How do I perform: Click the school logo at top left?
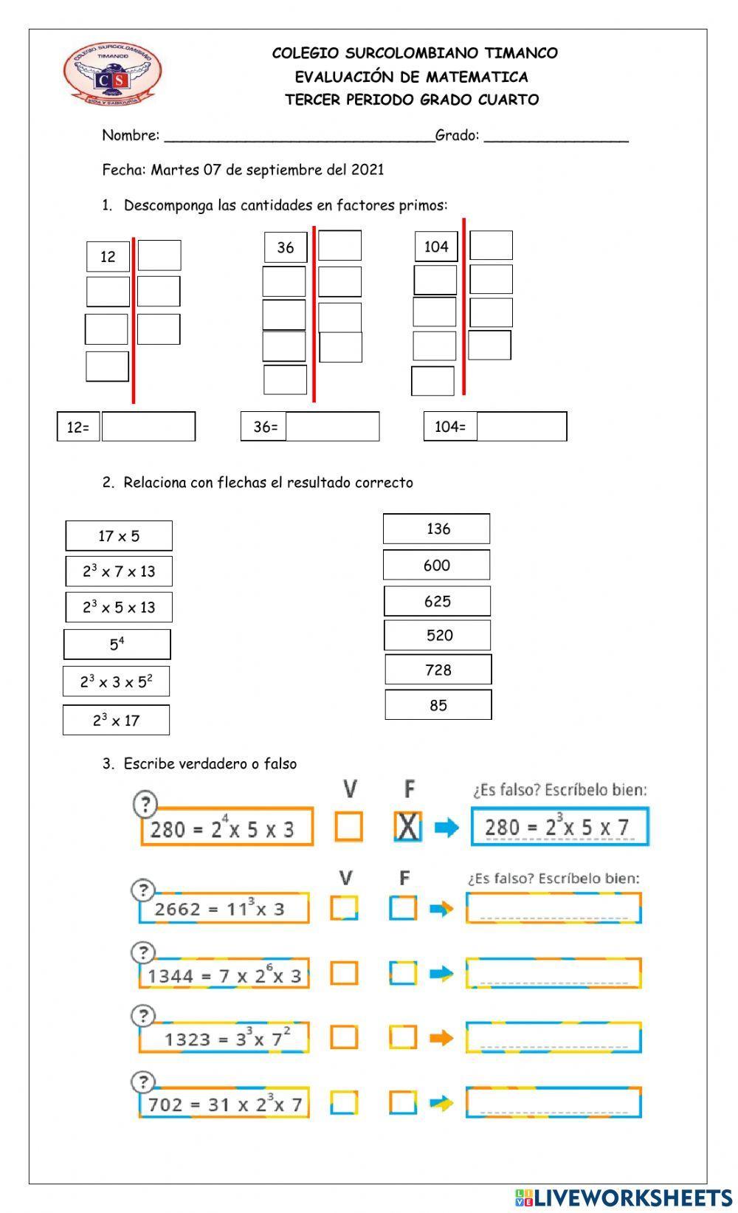click(x=112, y=72)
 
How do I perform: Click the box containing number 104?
click(x=436, y=247)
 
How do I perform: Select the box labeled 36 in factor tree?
click(x=286, y=247)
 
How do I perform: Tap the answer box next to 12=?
click(x=148, y=427)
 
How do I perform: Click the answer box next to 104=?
click(x=522, y=427)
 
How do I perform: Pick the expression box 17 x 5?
click(x=119, y=536)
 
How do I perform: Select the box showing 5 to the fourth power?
click(x=117, y=644)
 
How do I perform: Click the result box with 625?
click(x=437, y=601)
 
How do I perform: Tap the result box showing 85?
click(x=438, y=705)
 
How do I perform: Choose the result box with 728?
click(x=438, y=670)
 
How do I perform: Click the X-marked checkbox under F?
click(x=407, y=827)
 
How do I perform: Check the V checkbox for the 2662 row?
click(x=344, y=908)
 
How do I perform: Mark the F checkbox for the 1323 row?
click(x=403, y=1037)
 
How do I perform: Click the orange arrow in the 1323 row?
click(x=441, y=1037)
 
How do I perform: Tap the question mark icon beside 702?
click(x=143, y=1082)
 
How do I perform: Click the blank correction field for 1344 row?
click(x=553, y=973)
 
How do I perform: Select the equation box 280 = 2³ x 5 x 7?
click(x=559, y=827)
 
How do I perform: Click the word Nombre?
click(x=130, y=135)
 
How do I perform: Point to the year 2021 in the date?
click(x=367, y=170)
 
